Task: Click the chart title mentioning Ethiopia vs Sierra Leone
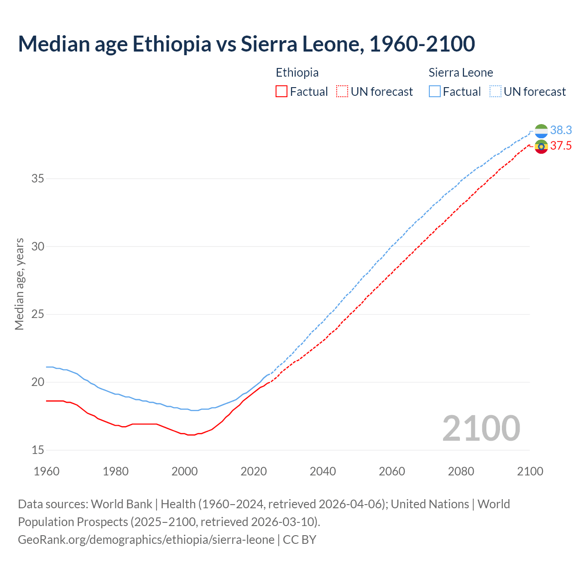click(x=246, y=44)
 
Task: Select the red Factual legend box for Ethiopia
click(x=282, y=92)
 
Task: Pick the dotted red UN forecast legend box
click(x=342, y=92)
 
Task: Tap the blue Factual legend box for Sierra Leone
click(x=435, y=92)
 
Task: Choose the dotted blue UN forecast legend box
click(x=495, y=92)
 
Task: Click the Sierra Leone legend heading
click(x=461, y=73)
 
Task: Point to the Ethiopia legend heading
click(x=297, y=73)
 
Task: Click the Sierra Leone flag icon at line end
click(x=541, y=131)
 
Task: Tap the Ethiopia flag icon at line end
click(x=541, y=146)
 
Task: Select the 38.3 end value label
click(x=561, y=130)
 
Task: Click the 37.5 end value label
click(x=561, y=146)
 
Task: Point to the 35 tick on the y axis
click(x=38, y=178)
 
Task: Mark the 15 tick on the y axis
click(x=38, y=450)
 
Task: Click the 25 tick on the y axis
click(x=38, y=314)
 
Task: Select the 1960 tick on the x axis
click(x=47, y=471)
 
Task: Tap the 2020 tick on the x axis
click(x=254, y=471)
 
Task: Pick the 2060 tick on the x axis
click(x=392, y=471)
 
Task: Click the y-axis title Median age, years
click(x=19, y=284)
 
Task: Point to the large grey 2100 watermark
click(x=481, y=428)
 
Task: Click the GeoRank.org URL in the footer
click(x=146, y=540)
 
